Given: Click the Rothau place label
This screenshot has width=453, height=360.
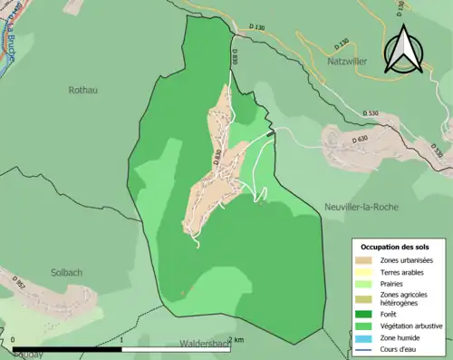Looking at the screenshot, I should [x=82, y=90].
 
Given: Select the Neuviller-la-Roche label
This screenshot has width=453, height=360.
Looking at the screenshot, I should [x=361, y=207].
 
